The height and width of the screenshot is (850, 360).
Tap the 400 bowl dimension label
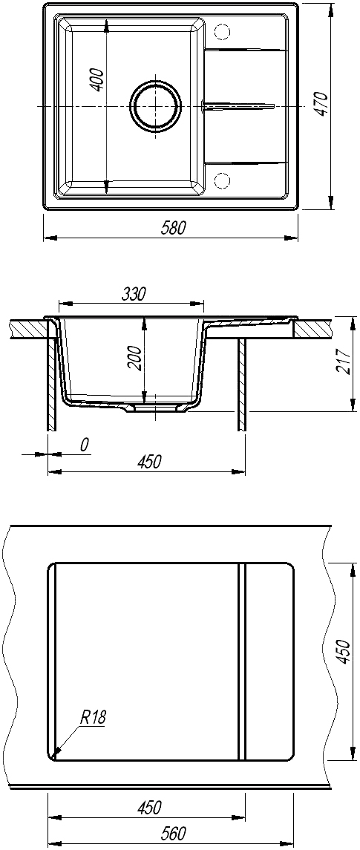pos(96,79)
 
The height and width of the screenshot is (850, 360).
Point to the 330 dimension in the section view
pos(133,295)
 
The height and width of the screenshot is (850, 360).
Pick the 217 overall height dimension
pos(343,361)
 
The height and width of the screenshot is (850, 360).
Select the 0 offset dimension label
pos(84,445)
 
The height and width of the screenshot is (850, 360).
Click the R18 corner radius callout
pos(94,718)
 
